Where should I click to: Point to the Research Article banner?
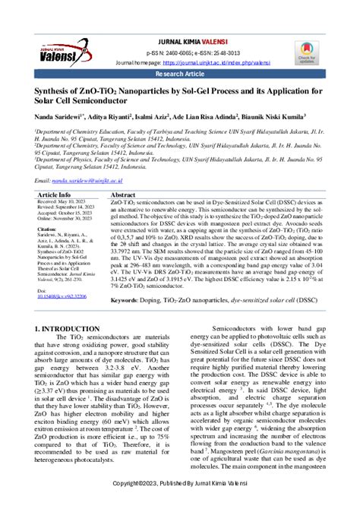pyautogui.click(x=180, y=76)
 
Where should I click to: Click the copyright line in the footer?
pyautogui.click(x=180, y=483)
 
